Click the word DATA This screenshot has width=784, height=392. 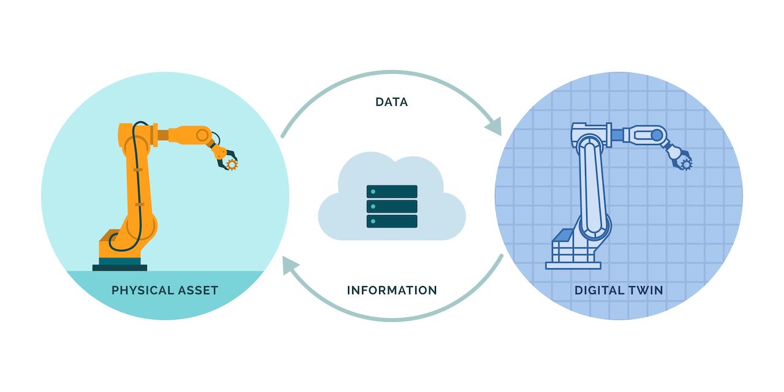[x=391, y=102]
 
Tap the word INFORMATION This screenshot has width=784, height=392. [x=391, y=290]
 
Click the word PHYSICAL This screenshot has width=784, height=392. [x=141, y=290]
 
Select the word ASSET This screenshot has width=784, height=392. [x=198, y=290]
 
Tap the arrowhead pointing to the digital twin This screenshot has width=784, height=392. [x=494, y=127]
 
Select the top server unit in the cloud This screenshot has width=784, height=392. [x=391, y=192]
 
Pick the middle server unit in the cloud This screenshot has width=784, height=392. [x=391, y=206]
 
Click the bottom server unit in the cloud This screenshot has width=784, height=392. [x=391, y=221]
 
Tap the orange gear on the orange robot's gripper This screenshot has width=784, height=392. [x=231, y=164]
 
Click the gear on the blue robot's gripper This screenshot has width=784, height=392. [x=685, y=164]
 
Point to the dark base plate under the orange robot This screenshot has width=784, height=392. [x=119, y=267]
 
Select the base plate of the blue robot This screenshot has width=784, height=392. [x=573, y=265]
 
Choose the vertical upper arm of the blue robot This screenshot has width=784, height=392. [x=592, y=184]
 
